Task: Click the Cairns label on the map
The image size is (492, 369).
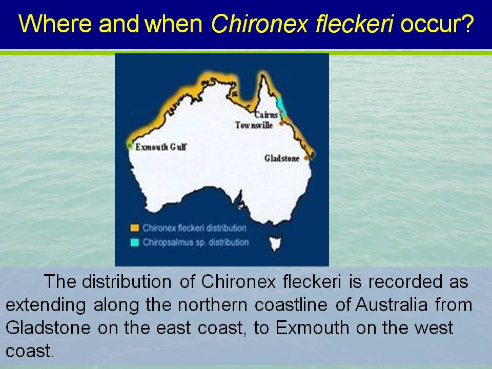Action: click(x=266, y=115)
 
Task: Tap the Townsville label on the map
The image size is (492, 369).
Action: click(x=254, y=125)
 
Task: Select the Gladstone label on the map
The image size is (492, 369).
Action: click(x=282, y=158)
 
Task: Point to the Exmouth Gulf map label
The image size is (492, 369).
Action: click(x=161, y=147)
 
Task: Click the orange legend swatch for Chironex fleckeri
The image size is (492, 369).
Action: click(x=135, y=228)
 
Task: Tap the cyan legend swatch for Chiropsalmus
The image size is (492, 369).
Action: click(x=135, y=242)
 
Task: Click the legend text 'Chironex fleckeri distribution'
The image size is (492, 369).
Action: click(x=195, y=228)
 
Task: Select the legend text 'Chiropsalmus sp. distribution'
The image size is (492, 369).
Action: click(x=196, y=242)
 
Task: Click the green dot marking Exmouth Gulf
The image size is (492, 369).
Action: click(x=130, y=145)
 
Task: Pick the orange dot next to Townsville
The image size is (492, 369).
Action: click(x=281, y=124)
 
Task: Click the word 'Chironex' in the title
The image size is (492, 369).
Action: click(x=259, y=24)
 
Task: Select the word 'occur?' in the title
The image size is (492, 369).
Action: click(x=437, y=24)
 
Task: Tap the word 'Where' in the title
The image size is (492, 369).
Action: click(x=55, y=24)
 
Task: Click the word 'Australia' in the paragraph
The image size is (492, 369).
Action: click(x=392, y=304)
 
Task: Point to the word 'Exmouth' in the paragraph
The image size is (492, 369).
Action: click(x=312, y=327)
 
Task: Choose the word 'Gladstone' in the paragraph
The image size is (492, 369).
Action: click(x=48, y=327)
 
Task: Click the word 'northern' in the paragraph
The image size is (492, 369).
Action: click(x=213, y=304)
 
